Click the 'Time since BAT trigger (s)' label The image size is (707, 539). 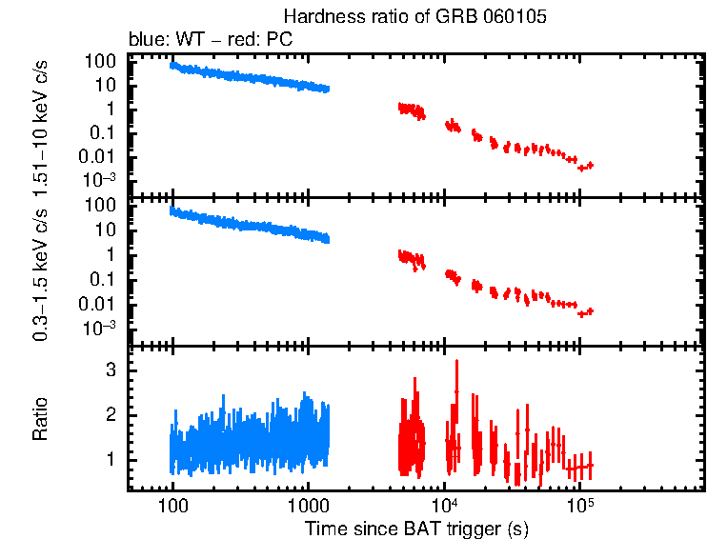pos(417,528)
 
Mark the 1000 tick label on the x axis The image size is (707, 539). pos(308,505)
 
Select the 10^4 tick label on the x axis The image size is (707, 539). pos(444,505)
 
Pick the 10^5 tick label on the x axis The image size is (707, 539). pos(579,505)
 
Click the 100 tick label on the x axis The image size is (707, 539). pos(172,505)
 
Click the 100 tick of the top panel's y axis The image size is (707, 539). pos(102,60)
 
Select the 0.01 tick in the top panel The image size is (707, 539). pos(100,157)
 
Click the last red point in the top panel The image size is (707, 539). pos(590,166)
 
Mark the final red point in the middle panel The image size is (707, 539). pos(590,311)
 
